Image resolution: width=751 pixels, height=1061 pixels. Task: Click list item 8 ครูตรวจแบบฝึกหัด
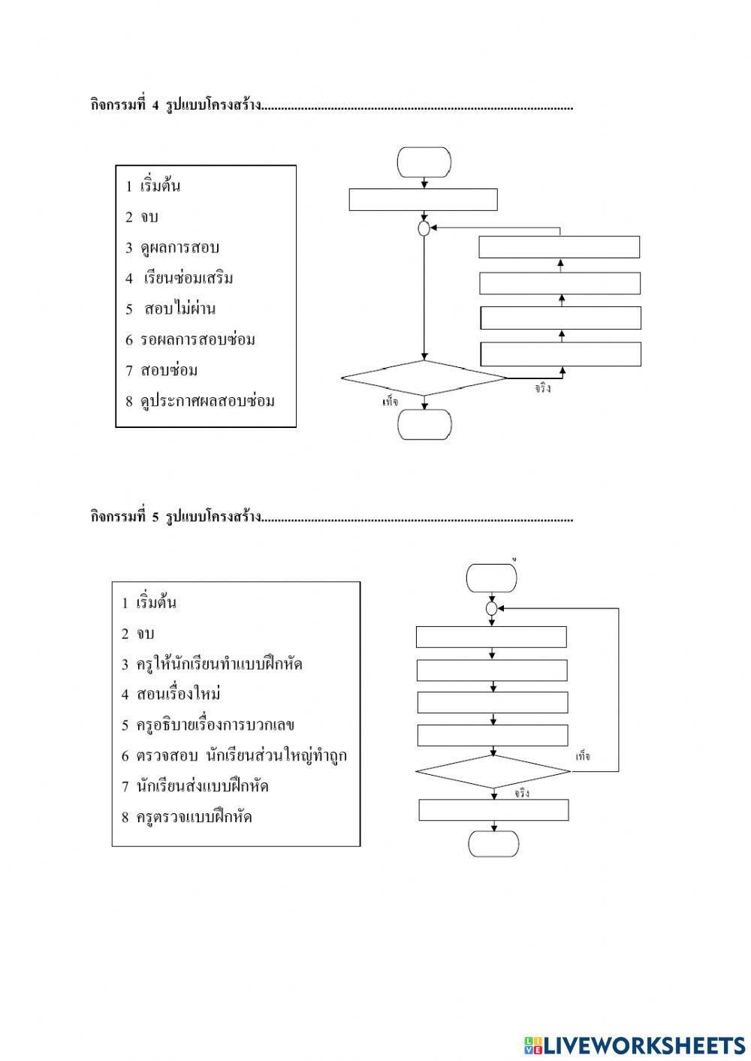coord(187,817)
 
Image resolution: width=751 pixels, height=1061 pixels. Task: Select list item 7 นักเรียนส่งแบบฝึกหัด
coord(195,786)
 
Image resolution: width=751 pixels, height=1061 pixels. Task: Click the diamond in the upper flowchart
coord(424,378)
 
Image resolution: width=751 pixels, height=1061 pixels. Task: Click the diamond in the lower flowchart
coord(493,771)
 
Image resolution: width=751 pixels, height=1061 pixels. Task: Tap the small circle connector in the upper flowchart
coord(424,228)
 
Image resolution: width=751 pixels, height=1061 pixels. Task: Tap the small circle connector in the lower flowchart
coord(492,608)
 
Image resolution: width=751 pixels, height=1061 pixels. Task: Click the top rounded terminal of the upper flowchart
coord(424,162)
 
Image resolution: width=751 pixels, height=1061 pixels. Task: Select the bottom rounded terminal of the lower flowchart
coord(493,843)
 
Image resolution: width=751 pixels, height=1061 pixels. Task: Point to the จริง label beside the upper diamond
coord(543,389)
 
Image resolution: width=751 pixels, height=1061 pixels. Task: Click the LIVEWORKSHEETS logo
coord(635,1044)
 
